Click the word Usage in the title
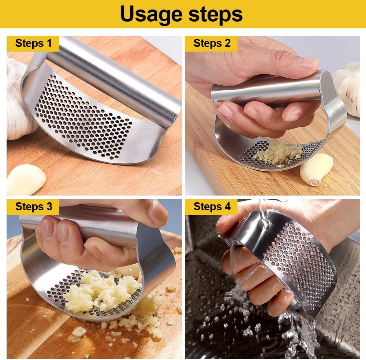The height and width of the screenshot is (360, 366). (x=151, y=15)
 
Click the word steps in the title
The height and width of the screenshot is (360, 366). (x=216, y=15)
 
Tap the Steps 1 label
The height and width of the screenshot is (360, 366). (x=33, y=44)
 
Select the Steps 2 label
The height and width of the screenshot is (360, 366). (x=212, y=44)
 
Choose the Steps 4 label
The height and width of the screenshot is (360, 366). (x=212, y=207)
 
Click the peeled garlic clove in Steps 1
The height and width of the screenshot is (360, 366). (x=26, y=179)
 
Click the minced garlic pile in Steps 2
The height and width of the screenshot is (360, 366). (x=278, y=153)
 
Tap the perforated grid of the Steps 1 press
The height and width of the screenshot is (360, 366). (x=84, y=117)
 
